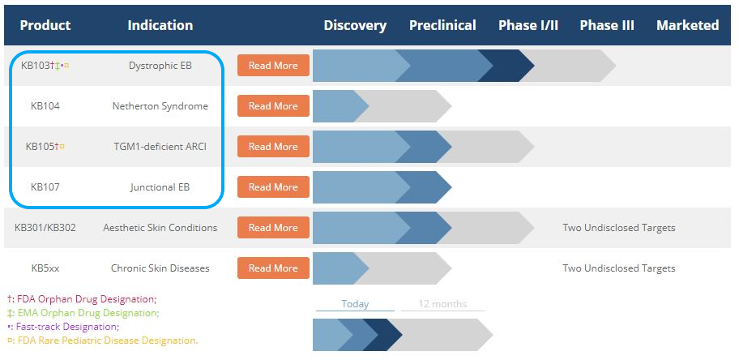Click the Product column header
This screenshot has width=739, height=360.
45,25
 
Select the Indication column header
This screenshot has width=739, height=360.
160,25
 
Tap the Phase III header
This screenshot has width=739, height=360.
607,25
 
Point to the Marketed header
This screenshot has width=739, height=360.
688,25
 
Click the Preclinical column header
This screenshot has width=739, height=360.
442,25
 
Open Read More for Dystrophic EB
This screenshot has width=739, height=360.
273,66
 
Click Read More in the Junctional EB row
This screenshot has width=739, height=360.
273,187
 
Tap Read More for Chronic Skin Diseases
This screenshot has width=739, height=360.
273,268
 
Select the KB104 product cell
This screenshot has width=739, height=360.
45,106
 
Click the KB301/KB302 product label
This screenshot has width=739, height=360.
45,228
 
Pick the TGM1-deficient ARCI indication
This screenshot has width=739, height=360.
160,147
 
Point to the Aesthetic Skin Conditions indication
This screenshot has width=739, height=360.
160,228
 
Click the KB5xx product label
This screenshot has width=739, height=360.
45,268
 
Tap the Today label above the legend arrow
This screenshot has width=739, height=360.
355,304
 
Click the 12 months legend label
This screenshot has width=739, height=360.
442,304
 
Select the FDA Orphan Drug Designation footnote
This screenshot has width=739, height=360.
82,299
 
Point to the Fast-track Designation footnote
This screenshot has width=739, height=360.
63,327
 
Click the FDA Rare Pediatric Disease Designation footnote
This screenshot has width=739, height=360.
103,341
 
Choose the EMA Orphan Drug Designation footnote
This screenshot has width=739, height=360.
83,313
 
